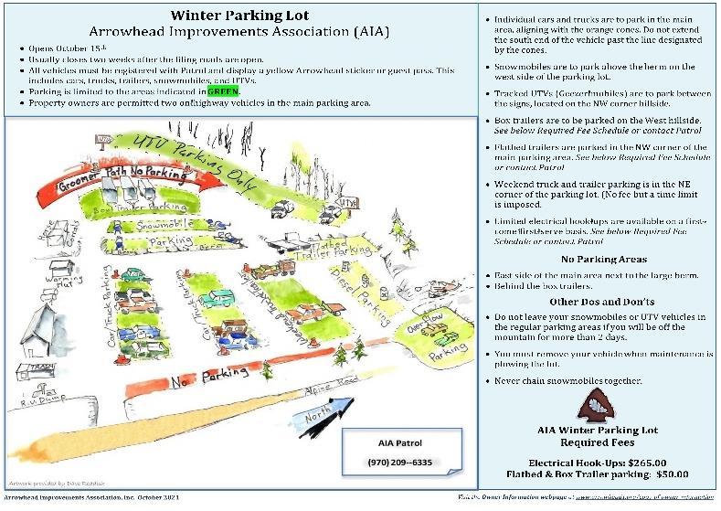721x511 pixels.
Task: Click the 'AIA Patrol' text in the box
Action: point(397,442)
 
